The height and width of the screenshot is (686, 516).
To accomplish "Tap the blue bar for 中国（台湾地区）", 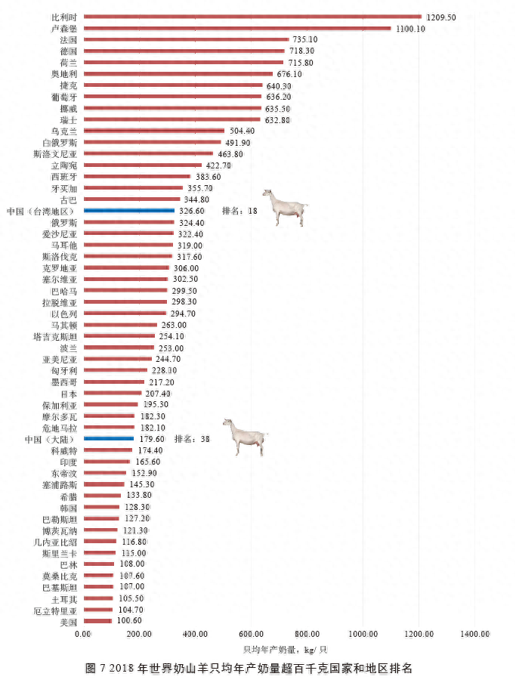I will [128, 211].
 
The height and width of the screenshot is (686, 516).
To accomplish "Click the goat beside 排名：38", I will [245, 436].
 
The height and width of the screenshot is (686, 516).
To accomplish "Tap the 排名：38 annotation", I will [192, 439].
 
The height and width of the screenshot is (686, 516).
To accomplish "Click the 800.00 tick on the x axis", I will [307, 633].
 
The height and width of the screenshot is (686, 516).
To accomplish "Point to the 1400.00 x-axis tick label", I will [474, 633].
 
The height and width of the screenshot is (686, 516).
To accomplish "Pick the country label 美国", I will [68, 622].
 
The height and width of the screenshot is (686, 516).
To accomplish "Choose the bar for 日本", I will [112, 393].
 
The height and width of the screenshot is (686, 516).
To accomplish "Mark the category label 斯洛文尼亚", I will [60, 153].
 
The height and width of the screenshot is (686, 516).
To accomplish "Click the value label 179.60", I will [151, 439].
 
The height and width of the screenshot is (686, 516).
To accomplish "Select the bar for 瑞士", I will [171, 119].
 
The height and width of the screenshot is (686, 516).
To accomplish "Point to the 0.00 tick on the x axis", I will [83, 633].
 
